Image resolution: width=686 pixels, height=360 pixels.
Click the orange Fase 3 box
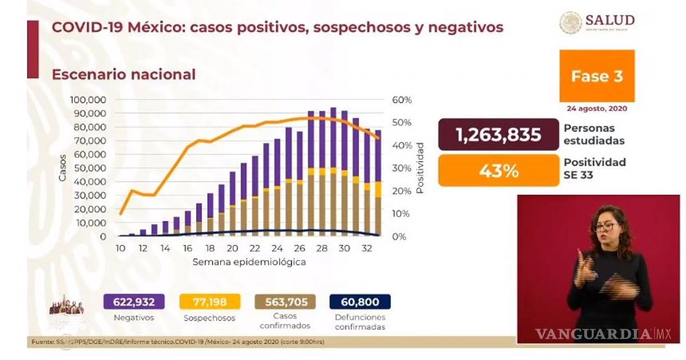pyautogui.click(x=597, y=76)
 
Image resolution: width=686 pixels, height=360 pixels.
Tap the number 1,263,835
pyautogui.click(x=498, y=135)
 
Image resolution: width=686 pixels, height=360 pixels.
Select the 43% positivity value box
pyautogui.click(x=498, y=170)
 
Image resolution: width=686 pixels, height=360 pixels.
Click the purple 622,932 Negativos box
pyautogui.click(x=134, y=302)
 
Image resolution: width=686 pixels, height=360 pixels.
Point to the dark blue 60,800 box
pyautogui.click(x=360, y=302)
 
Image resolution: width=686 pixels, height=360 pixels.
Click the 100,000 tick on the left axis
pyautogui.click(x=88, y=100)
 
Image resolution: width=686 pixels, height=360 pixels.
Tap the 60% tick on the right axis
pyautogui.click(x=402, y=100)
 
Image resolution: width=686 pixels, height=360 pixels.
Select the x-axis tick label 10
pyautogui.click(x=121, y=249)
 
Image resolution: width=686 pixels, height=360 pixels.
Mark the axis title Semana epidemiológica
pyautogui.click(x=249, y=262)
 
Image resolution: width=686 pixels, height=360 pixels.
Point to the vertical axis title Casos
pyautogui.click(x=62, y=167)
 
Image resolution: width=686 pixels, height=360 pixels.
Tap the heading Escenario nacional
pyautogui.click(x=123, y=74)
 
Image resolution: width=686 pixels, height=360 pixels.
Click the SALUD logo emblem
pyautogui.click(x=571, y=23)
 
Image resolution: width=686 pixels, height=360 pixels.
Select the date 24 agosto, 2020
pyautogui.click(x=597, y=107)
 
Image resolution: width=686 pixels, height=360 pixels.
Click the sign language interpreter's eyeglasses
pyautogui.click(x=603, y=227)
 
